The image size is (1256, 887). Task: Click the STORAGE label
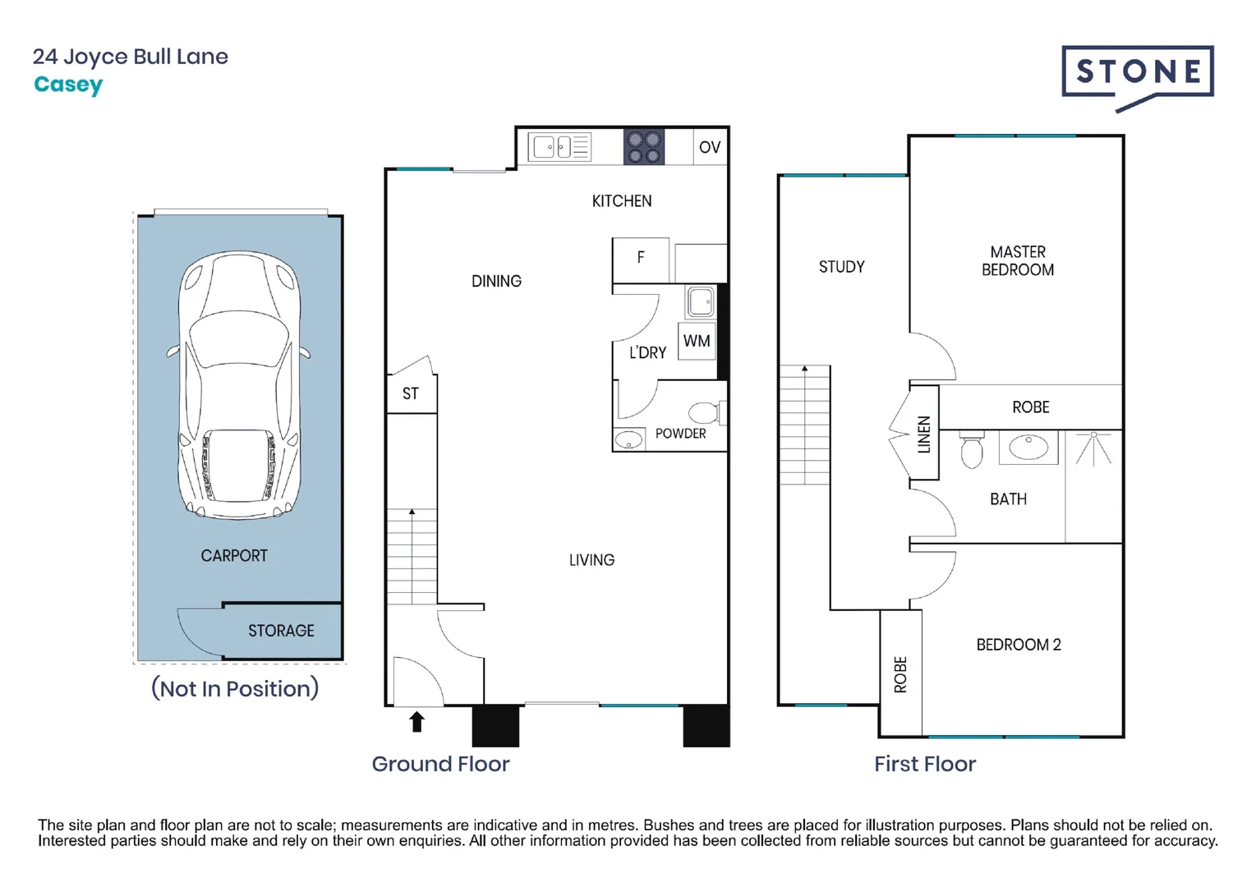[281, 631]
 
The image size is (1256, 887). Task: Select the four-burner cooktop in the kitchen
[644, 147]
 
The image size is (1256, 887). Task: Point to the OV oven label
[709, 147]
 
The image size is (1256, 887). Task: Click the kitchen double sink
[559, 147]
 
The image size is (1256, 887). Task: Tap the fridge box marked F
[641, 260]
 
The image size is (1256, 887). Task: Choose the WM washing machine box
[697, 341]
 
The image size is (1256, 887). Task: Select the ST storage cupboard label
[411, 393]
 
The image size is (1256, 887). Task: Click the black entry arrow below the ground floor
[416, 722]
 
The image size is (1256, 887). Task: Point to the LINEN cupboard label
[923, 434]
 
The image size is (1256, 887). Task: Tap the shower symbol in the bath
[1093, 448]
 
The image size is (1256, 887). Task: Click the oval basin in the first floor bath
[1028, 447]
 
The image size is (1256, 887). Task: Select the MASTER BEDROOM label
[1018, 260]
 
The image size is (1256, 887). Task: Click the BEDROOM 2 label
[1019, 645]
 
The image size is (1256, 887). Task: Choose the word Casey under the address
[68, 85]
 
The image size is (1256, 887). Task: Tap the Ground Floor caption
[441, 764]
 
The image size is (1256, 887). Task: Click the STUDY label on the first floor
[842, 267]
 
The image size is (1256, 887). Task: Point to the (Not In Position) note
[235, 688]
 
